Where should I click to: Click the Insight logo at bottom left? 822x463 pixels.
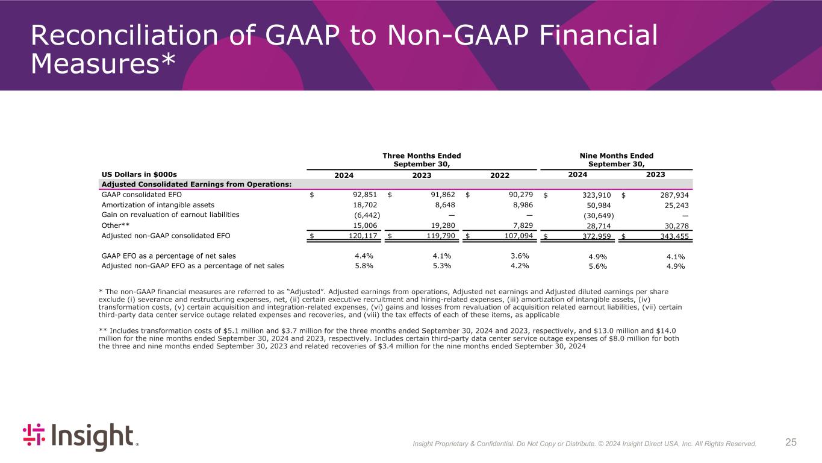[x=80, y=437]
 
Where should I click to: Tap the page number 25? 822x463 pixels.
[x=791, y=443]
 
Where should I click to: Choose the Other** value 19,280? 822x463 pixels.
[x=441, y=225]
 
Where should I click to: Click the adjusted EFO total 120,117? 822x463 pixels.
[x=363, y=236]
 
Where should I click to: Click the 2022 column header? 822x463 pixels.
[x=499, y=175]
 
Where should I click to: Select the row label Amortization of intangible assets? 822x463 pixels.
[x=158, y=205]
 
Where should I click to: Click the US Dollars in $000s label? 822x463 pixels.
[x=140, y=174]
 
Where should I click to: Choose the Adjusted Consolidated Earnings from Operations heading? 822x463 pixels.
[x=196, y=184]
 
